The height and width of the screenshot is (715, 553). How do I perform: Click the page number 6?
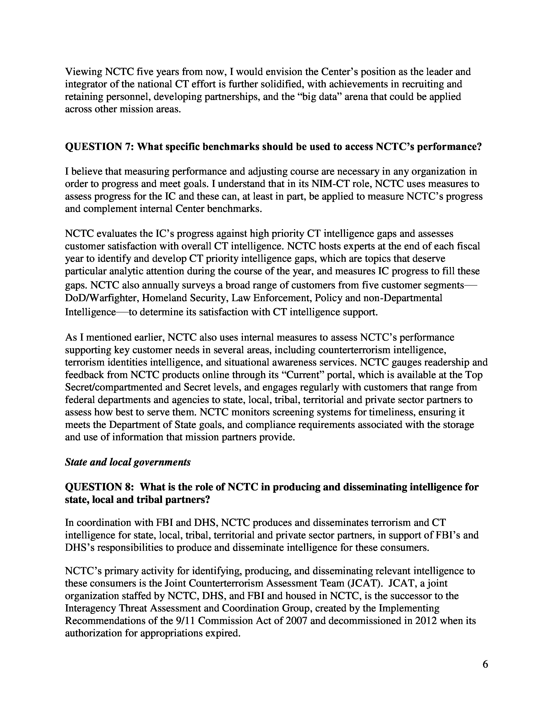click(485, 664)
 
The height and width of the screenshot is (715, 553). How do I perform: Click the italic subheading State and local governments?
click(128, 462)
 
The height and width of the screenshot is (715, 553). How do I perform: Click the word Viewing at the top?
click(83, 72)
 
